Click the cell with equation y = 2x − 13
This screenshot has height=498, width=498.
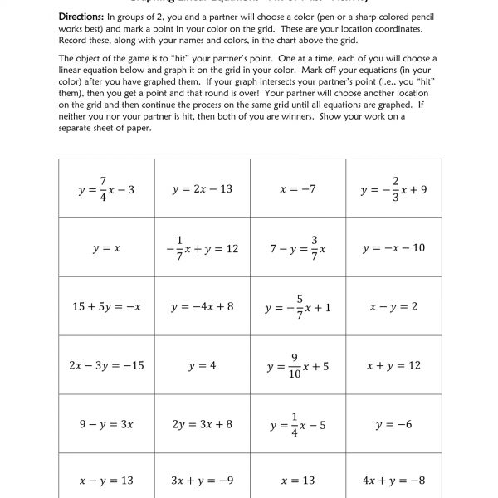[202, 189]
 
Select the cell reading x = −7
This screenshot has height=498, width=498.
[298, 189]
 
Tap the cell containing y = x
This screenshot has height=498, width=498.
[106, 248]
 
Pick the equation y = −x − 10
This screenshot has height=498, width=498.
[393, 248]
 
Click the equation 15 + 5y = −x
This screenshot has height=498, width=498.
[106, 307]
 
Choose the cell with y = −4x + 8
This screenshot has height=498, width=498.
[202, 306]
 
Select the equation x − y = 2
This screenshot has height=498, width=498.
[393, 306]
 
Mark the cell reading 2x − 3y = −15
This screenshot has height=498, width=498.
[106, 365]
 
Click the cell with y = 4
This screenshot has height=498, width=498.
[202, 365]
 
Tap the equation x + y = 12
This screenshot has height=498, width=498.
[393, 365]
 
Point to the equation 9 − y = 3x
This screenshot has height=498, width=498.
[106, 424]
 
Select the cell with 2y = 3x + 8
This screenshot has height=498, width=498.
[202, 424]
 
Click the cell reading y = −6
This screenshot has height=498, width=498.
[393, 424]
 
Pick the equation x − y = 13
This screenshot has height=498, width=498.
[106, 480]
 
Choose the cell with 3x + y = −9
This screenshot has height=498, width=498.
[202, 480]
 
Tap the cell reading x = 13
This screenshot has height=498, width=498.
[298, 480]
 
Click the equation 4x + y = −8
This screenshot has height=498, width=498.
[393, 480]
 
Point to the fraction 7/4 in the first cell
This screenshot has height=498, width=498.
[104, 189]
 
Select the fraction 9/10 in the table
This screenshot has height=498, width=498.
[294, 365]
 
